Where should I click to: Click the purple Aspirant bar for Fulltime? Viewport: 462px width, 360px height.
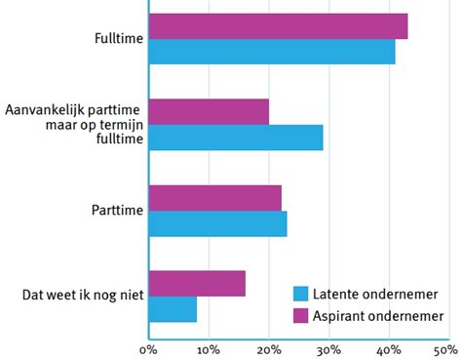coord(278,26)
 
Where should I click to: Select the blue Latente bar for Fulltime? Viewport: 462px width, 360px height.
coord(272,52)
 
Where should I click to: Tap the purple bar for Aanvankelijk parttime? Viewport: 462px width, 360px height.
coord(209,112)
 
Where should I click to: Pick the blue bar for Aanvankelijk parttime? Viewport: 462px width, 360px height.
coord(236,138)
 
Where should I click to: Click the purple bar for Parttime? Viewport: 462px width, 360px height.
coord(214,198)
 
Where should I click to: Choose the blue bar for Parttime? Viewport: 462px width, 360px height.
coord(217,223)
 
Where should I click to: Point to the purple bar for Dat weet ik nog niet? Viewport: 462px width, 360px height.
coord(197,283)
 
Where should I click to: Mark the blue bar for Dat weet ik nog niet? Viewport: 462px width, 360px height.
coord(173,308)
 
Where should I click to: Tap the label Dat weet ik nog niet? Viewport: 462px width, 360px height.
coord(82,296)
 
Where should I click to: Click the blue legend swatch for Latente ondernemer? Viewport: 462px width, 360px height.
coord(301,293)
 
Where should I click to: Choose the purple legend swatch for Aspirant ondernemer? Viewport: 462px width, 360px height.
coord(301,315)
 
